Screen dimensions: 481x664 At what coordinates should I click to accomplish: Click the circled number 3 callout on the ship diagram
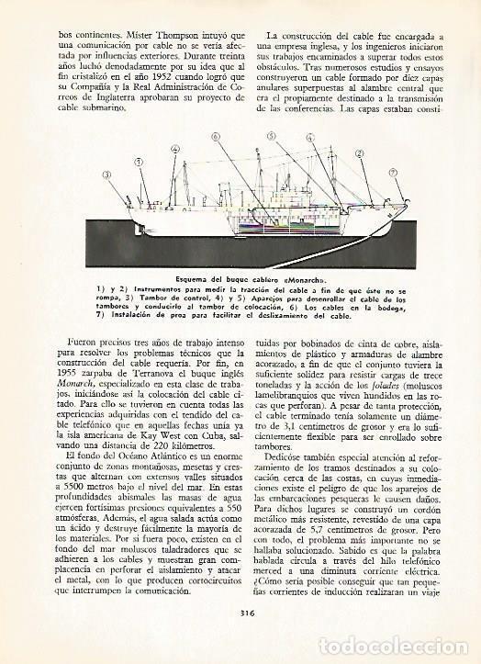(x=107, y=174)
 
